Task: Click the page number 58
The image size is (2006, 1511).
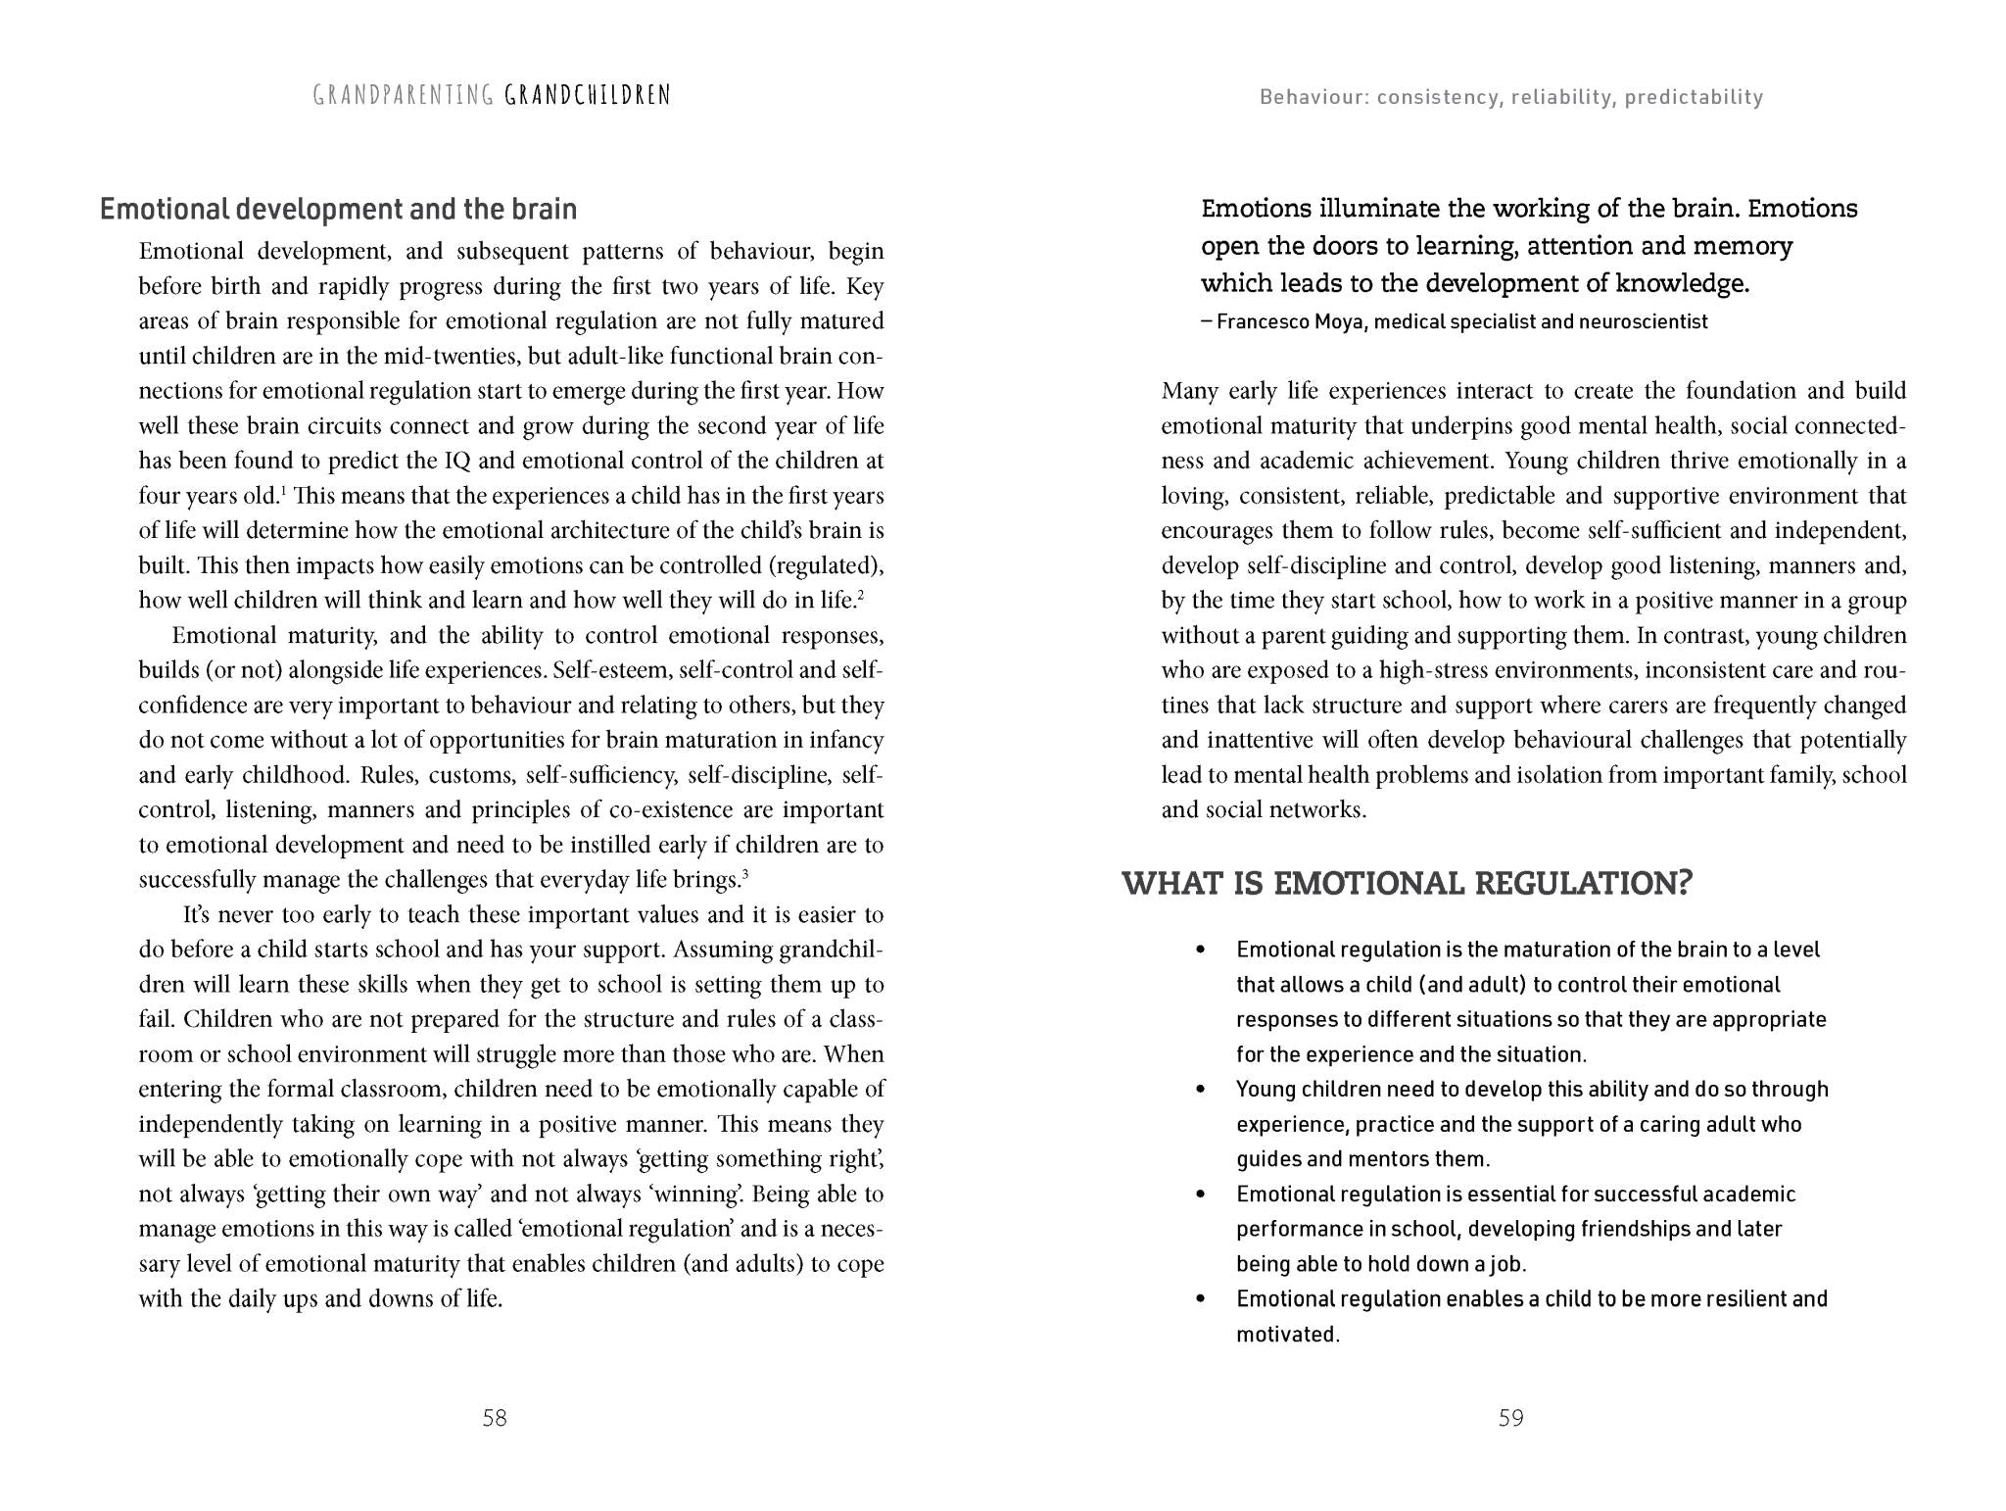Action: [495, 1418]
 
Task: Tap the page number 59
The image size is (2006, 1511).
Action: [1510, 1418]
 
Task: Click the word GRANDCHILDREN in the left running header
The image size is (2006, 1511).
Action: [588, 95]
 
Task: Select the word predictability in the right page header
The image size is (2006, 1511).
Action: [1694, 97]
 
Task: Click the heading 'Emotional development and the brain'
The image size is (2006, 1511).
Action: [339, 209]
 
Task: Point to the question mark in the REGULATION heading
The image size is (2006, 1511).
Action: [1684, 883]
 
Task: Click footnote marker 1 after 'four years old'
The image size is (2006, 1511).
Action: [283, 490]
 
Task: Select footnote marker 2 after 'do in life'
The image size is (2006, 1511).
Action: [860, 595]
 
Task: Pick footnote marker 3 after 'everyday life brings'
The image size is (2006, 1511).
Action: [745, 874]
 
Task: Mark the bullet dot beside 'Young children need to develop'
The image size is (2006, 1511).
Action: [1200, 1090]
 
